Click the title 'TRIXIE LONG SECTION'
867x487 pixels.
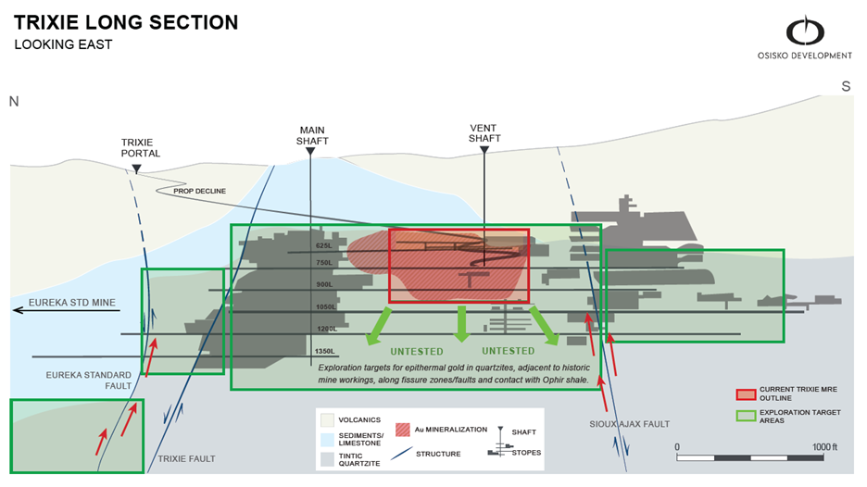126,21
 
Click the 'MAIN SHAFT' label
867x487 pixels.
312,135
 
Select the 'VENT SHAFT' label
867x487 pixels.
484,132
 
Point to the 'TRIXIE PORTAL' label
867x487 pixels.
141,147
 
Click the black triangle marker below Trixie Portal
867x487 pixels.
136,169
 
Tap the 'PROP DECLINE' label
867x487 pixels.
199,192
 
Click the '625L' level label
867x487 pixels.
323,246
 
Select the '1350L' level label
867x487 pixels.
324,351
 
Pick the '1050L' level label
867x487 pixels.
324,306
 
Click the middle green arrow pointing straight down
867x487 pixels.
461,321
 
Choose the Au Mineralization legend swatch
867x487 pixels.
404,430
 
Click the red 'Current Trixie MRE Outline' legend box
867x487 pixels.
743,394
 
